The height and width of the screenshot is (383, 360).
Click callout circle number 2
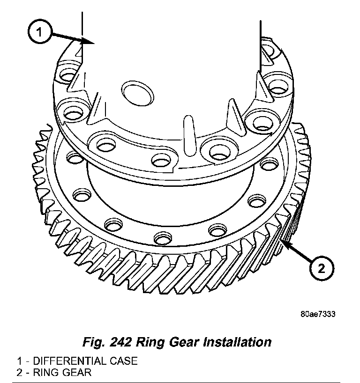(321, 268)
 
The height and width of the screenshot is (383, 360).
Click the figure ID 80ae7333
(318, 314)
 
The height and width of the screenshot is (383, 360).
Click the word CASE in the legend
(125, 361)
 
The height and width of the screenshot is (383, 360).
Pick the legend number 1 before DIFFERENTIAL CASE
(19, 361)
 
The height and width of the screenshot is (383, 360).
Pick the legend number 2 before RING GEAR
(19, 373)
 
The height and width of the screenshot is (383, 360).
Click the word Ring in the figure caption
(151, 342)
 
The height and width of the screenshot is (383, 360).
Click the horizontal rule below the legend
(180, 382)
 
